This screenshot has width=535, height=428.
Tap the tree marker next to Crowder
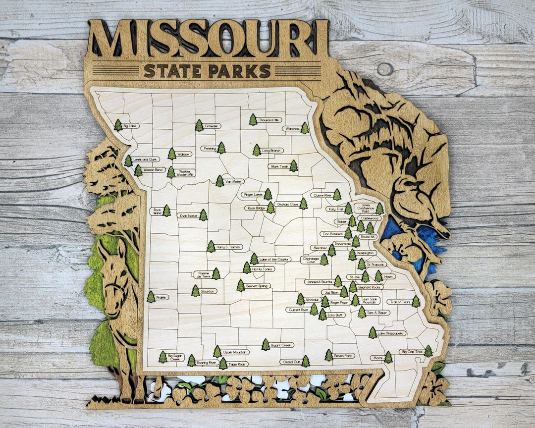[199, 125]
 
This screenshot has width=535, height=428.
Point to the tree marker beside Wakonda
[305, 128]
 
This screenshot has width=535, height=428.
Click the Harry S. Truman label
[228, 247]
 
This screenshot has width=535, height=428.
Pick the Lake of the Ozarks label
[275, 259]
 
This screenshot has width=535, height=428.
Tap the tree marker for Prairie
[151, 297]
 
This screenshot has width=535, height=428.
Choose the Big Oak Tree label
[411, 352]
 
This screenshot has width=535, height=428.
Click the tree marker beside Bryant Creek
[266, 344]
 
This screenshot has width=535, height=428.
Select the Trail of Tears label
[399, 302]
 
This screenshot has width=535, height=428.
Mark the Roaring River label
[207, 363]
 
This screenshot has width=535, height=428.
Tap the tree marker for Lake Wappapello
[373, 333]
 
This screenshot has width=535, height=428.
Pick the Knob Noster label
[188, 216]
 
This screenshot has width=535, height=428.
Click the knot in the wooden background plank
[385, 68]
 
